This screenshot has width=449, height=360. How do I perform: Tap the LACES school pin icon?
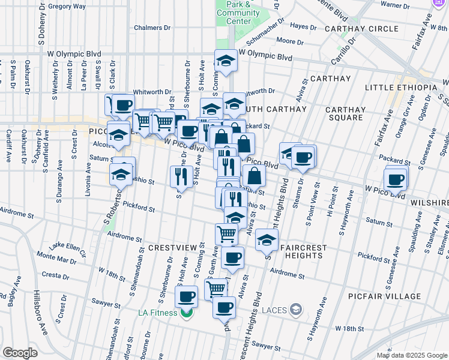pos(295,310)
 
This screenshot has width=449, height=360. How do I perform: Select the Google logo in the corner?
pos(20,352)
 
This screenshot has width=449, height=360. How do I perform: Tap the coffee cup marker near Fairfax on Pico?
pos(396,179)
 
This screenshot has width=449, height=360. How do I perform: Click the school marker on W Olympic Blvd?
pos(225,61)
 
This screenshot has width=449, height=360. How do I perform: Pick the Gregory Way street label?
pos(67,6)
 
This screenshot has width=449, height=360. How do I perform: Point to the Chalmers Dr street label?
pos(148,28)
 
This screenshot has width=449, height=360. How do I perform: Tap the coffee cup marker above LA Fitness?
pos(187,296)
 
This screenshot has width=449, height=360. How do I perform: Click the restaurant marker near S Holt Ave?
pos(179,175)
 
